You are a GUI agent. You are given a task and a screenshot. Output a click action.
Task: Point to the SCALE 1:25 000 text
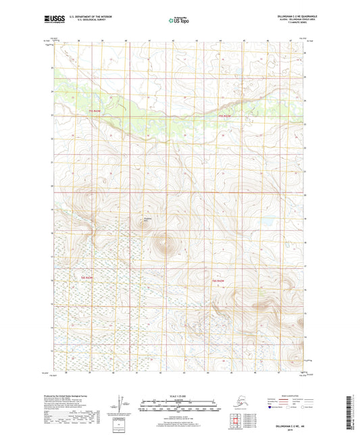pos(180,396)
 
